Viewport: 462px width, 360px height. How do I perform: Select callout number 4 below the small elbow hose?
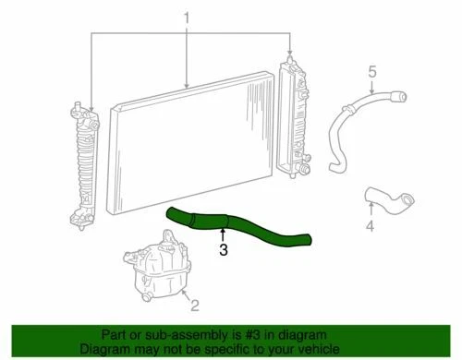(371, 225)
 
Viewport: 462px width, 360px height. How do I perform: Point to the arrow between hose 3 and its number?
(223, 234)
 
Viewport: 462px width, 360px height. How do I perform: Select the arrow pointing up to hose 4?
(371, 211)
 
